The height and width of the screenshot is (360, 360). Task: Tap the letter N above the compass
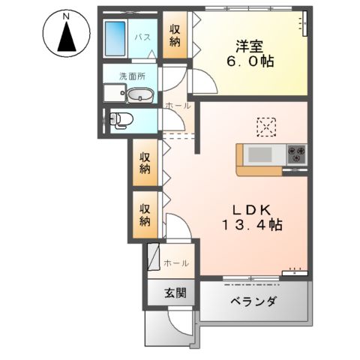66,16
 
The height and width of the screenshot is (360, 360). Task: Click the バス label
142,35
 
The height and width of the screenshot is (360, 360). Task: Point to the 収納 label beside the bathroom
175,34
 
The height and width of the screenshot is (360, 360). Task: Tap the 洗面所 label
131,76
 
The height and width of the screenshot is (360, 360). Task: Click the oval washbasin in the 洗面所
140,95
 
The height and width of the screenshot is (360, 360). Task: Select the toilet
121,119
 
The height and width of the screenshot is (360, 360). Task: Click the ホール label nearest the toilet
177,106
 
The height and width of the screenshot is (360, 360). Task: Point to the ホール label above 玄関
175,263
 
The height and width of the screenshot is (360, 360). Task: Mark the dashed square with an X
267,126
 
